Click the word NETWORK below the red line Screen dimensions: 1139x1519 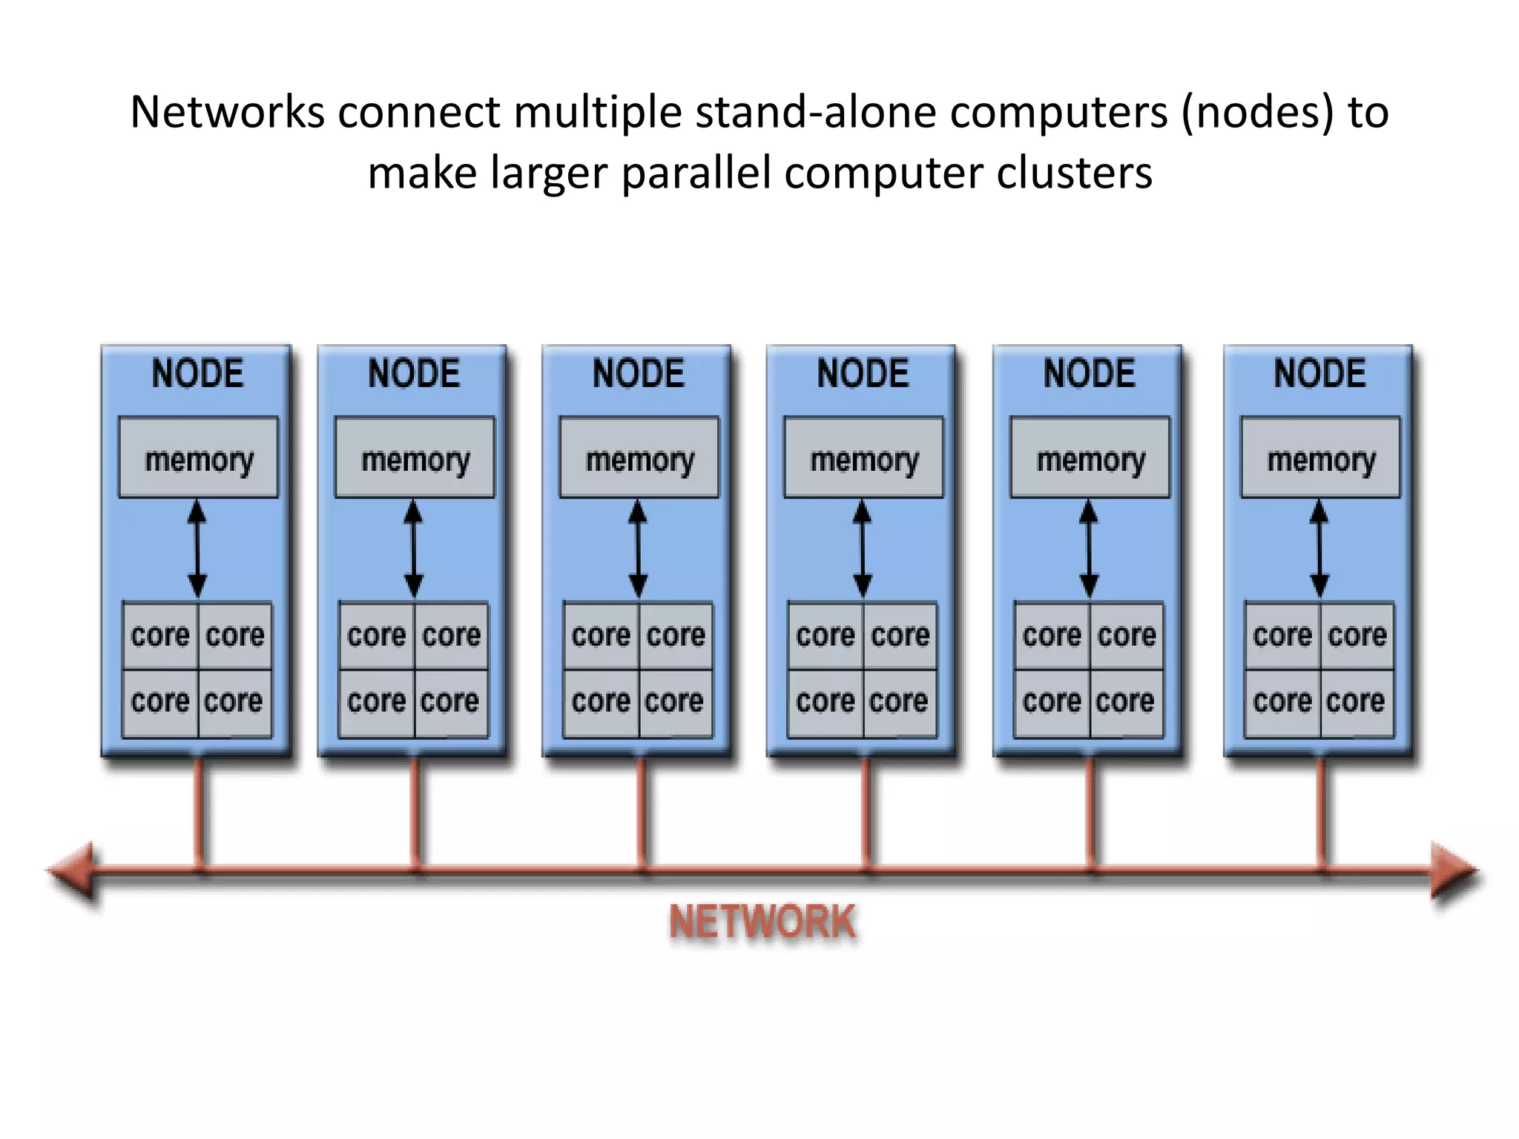pyautogui.click(x=762, y=922)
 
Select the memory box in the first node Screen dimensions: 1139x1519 pyautogui.click(x=198, y=458)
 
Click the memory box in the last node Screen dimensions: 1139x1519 pyautogui.click(x=1320, y=458)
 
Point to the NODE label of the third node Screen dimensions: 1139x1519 pyautogui.click(x=638, y=373)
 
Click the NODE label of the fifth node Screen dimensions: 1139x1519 pyautogui.click(x=1089, y=373)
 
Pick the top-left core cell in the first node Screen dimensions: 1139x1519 pyautogui.click(x=160, y=635)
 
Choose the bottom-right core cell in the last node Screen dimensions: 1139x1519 pyautogui.click(x=1357, y=701)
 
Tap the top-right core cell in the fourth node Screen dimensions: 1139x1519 pyautogui.click(x=900, y=635)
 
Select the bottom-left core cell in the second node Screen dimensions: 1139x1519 pyautogui.click(x=376, y=701)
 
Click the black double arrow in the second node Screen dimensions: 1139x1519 pyautogui.click(x=413, y=549)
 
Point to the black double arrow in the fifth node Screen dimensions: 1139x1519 pyautogui.click(x=1088, y=549)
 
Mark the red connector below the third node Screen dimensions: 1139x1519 pyautogui.click(x=642, y=812)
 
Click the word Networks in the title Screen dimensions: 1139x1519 pyautogui.click(x=227, y=113)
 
